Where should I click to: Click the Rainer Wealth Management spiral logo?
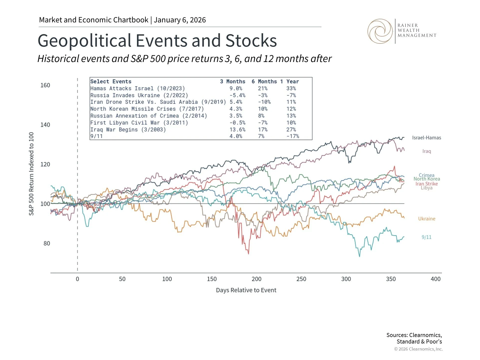[x=380, y=31]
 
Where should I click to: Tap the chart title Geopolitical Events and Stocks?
[x=157, y=40]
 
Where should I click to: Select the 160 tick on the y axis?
[x=45, y=85]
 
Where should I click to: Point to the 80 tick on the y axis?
[x=47, y=243]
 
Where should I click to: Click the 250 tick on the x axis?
[x=301, y=279]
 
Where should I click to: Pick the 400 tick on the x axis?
[x=435, y=279]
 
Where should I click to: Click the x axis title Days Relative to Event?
[x=246, y=290]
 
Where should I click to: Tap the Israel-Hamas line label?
[x=426, y=138]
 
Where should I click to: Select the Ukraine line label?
[x=426, y=219]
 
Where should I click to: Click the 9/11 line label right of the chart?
[x=426, y=237]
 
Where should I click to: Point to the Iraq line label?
[x=426, y=151]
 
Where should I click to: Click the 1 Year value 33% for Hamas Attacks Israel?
[x=291, y=88]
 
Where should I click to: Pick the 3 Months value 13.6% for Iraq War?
[x=237, y=129]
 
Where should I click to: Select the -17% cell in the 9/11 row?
[x=292, y=136]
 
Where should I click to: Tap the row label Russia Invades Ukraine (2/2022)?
[x=139, y=95]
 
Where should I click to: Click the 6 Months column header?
[x=264, y=81]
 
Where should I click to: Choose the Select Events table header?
[x=111, y=81]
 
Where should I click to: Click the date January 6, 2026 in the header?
[x=180, y=20]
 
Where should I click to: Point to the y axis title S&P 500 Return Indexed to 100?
[x=31, y=174]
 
